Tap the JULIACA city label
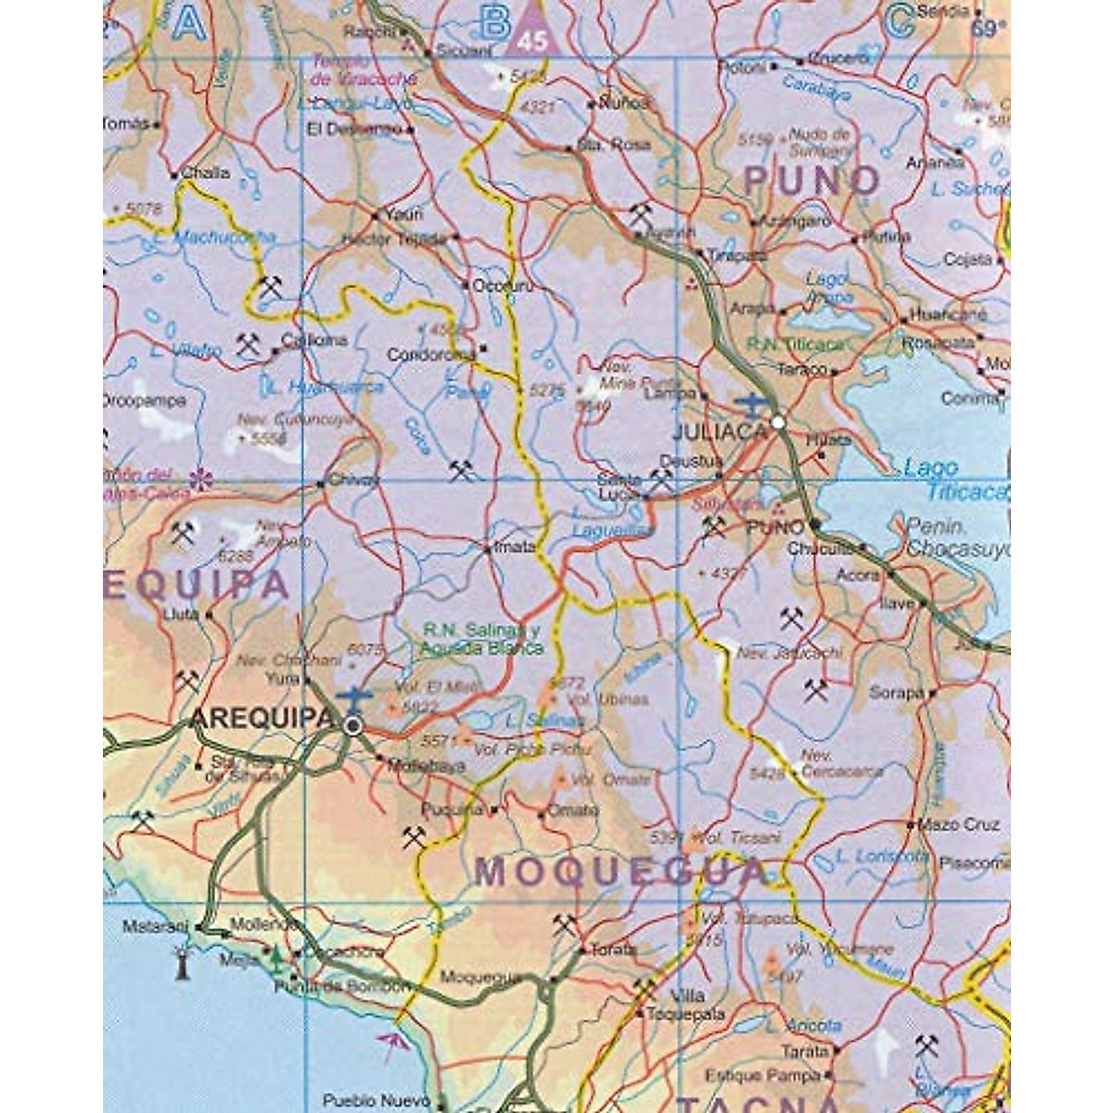tap(722, 431)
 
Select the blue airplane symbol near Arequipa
tap(354, 696)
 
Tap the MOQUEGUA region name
tap(620, 872)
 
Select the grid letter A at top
tap(189, 22)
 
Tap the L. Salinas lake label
tap(545, 720)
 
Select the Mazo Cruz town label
tap(958, 825)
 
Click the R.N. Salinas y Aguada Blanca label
tap(481, 639)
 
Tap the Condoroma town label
tap(431, 354)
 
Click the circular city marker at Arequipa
tap(352, 726)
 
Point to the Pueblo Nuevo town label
tap(364, 1101)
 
